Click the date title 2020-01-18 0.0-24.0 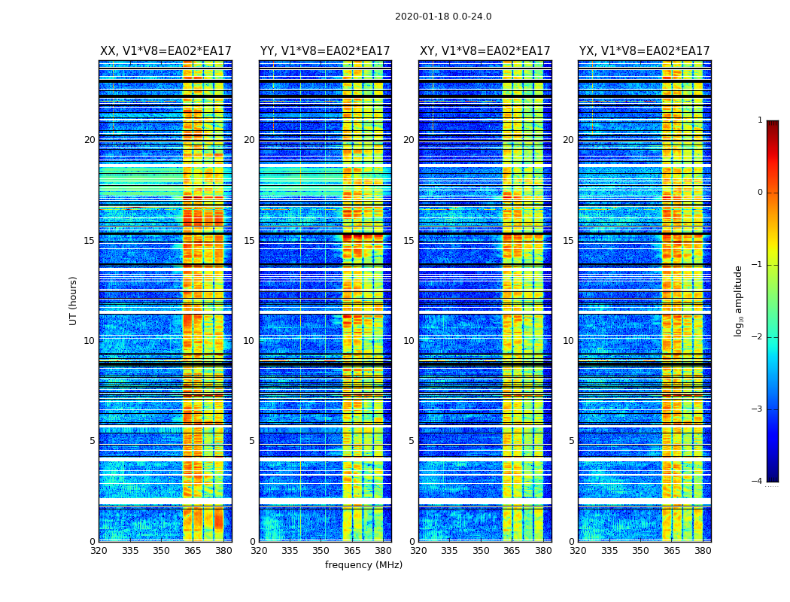[443, 17]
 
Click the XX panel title [166, 51]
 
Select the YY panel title [325, 51]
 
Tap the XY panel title [485, 51]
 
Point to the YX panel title [644, 51]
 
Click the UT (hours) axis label [74, 300]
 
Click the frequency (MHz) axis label [363, 565]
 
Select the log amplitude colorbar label [739, 300]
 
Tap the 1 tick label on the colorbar [760, 120]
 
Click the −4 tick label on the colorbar [758, 482]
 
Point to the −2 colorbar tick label [758, 337]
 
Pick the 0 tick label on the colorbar [760, 193]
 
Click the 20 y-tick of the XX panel [90, 140]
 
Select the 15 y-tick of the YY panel [249, 241]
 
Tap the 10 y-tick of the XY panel [409, 341]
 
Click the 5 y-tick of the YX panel [571, 441]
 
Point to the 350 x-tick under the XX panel [161, 550]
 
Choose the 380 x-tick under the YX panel [703, 550]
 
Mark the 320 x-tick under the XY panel [418, 550]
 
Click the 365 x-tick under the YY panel [352, 550]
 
